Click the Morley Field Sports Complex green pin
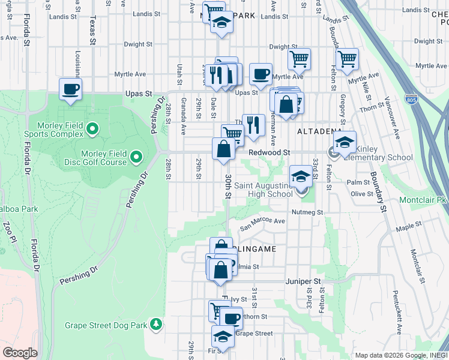tap(92, 128)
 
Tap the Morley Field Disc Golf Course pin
tap(136, 157)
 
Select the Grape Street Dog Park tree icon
tap(156, 324)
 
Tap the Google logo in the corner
tap(20, 353)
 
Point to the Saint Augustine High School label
tap(263, 190)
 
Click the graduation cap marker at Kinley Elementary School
tap(345, 143)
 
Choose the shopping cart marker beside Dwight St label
tap(299, 59)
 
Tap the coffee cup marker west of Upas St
tap(71, 89)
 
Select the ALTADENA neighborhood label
tap(319, 130)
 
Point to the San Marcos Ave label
tap(262, 224)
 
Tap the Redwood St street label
tap(270, 153)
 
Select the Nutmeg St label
tap(308, 212)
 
